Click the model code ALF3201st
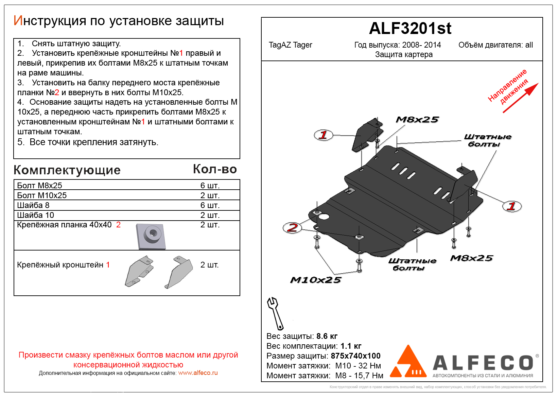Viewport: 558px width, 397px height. pyautogui.click(x=410, y=29)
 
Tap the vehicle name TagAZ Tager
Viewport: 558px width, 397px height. pyautogui.click(x=290, y=45)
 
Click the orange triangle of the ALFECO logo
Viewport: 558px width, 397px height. pyautogui.click(x=408, y=363)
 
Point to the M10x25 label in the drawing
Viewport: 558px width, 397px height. pyautogui.click(x=315, y=280)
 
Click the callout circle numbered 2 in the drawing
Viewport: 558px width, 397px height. pyautogui.click(x=292, y=227)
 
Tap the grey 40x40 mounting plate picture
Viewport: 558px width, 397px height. pyautogui.click(x=151, y=236)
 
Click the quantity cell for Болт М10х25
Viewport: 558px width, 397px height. pyautogui.click(x=210, y=195)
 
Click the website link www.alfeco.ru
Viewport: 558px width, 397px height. pyautogui.click(x=198, y=373)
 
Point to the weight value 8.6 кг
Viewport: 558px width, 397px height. pyautogui.click(x=327, y=336)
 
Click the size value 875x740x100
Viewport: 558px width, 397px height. pyautogui.click(x=355, y=356)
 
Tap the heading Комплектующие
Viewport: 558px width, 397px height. pyautogui.click(x=67, y=170)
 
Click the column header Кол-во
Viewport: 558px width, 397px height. pyautogui.click(x=215, y=169)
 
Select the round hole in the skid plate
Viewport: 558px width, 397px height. pyautogui.click(x=324, y=217)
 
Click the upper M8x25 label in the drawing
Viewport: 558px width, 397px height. pyautogui.click(x=417, y=120)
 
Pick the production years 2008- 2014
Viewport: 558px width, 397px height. pyautogui.click(x=421, y=45)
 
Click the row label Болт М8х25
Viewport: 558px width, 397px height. pyautogui.click(x=39, y=186)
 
